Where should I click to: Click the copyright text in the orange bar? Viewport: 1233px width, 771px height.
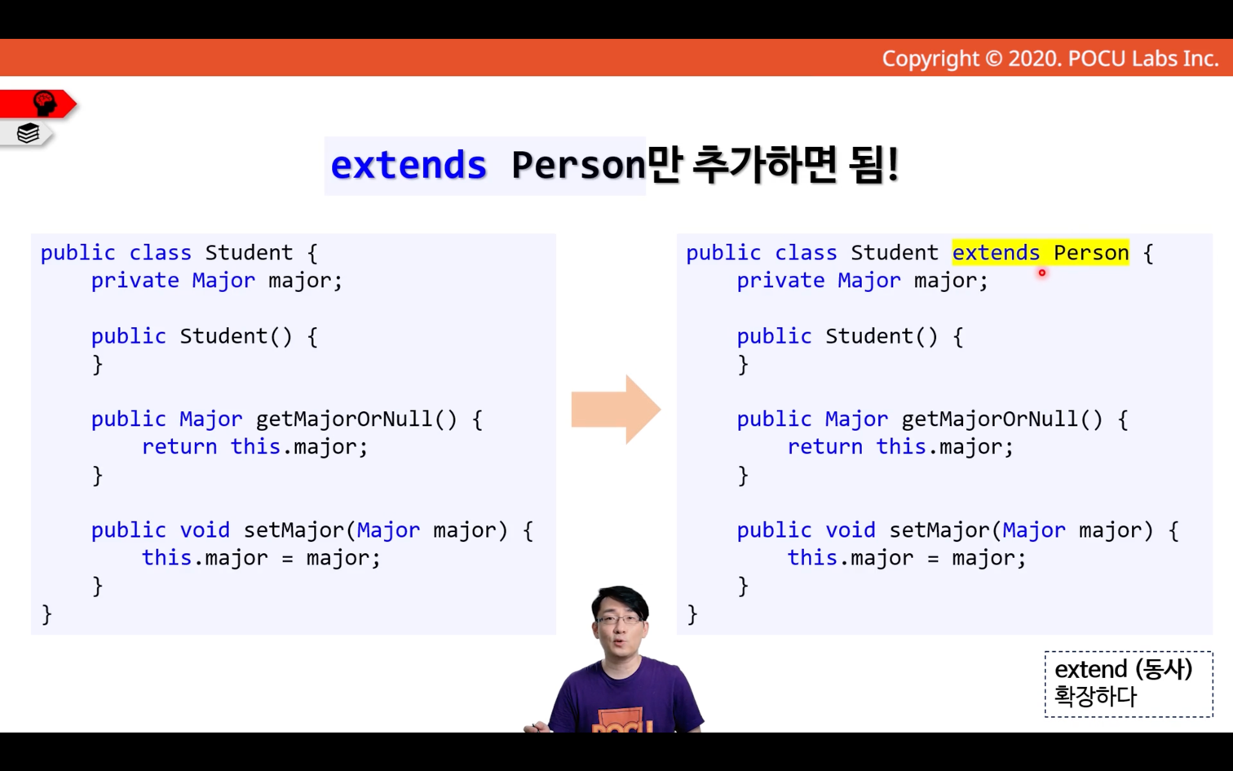point(1050,59)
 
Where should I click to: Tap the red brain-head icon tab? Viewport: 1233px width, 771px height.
point(38,104)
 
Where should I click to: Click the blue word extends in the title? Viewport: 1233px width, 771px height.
point(409,165)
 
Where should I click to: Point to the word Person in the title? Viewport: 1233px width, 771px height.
point(578,165)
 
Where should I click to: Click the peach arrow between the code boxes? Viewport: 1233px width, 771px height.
point(616,410)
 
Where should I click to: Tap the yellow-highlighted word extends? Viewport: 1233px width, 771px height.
point(996,253)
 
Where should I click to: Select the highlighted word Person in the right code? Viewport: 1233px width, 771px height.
point(1091,253)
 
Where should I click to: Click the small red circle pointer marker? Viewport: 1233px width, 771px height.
point(1042,273)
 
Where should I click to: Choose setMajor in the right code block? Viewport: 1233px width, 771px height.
point(940,530)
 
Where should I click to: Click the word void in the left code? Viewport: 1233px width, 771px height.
point(205,530)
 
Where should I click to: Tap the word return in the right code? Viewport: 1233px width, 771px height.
point(825,446)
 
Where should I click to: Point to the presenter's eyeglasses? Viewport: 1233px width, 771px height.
point(620,619)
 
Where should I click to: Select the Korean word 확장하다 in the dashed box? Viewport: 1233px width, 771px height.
point(1095,696)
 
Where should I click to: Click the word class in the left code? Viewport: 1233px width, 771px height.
point(160,253)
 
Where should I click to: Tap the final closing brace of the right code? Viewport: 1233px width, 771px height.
point(692,614)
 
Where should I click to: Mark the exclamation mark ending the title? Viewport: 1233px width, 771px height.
point(893,164)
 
